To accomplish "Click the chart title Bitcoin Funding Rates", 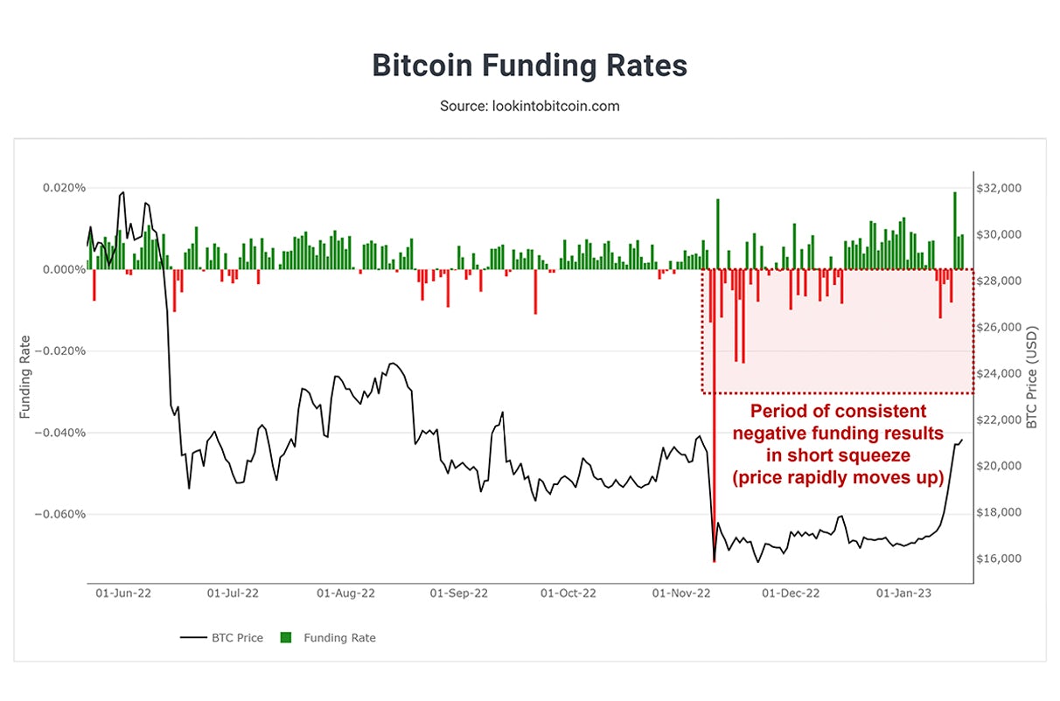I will tap(529, 66).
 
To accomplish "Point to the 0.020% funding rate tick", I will tap(64, 188).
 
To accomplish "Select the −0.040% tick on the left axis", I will tap(61, 433).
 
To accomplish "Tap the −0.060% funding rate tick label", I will tap(61, 514).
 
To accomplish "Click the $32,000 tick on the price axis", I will tap(1000, 188).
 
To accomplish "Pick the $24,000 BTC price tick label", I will tap(1000, 373).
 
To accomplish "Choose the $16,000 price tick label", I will tap(1000, 559).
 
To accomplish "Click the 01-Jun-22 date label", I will tap(123, 593).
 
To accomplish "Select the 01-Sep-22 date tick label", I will tap(458, 593).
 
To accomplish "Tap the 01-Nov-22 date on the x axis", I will tap(682, 593).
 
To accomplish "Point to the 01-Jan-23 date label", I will tap(905, 593).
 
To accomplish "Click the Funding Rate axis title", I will tap(26, 376).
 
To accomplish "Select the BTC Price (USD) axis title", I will tap(1032, 378).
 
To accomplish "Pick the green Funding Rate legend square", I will tap(285, 638).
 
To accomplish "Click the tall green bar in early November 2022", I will tap(717, 233).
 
